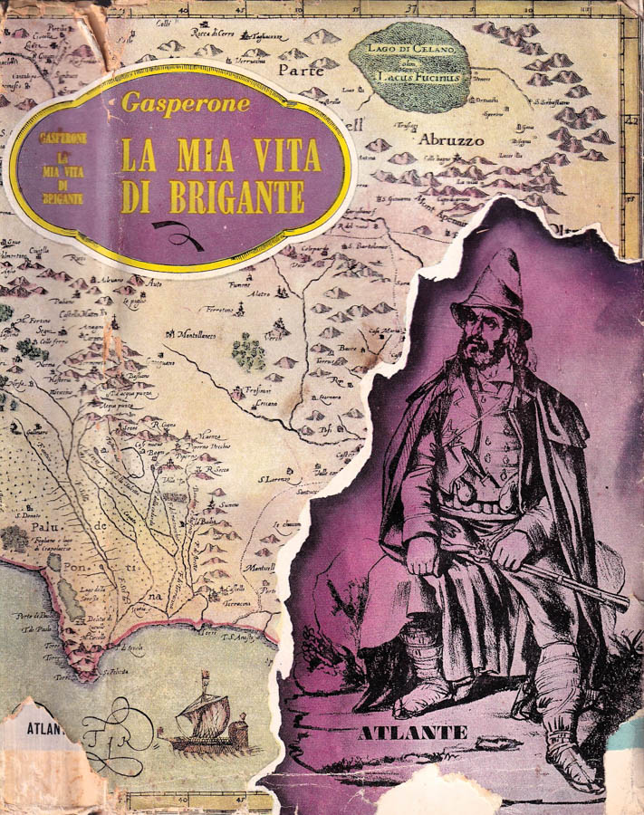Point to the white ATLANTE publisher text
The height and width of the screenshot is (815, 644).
[x=412, y=732]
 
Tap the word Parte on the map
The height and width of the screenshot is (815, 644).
[x=301, y=69]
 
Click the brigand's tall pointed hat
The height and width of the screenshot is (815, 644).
[x=495, y=288]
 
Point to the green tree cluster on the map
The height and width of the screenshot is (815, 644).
[x=247, y=350]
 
